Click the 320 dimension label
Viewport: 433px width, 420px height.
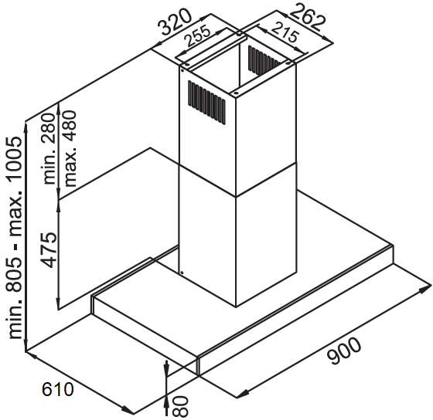point(175,22)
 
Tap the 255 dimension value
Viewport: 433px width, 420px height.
point(197,36)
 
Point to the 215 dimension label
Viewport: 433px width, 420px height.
point(285,32)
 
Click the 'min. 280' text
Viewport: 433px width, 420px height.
point(49,149)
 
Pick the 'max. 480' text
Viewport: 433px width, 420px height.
point(69,148)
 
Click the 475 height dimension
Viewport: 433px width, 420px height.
point(49,250)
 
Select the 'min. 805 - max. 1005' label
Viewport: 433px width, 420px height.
point(15,238)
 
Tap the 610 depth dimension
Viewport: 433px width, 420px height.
point(58,389)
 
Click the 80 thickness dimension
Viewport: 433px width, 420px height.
point(180,406)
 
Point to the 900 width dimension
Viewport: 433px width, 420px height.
point(344,351)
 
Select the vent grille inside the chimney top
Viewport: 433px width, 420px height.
point(264,60)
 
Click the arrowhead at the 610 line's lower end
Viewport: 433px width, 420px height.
point(128,410)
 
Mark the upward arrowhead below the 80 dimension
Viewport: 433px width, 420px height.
point(166,404)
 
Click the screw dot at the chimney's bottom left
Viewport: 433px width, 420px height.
point(182,273)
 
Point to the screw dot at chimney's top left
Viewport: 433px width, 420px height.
point(182,70)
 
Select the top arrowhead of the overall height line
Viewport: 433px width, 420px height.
point(26,127)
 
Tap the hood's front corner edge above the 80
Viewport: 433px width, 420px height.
point(198,366)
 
